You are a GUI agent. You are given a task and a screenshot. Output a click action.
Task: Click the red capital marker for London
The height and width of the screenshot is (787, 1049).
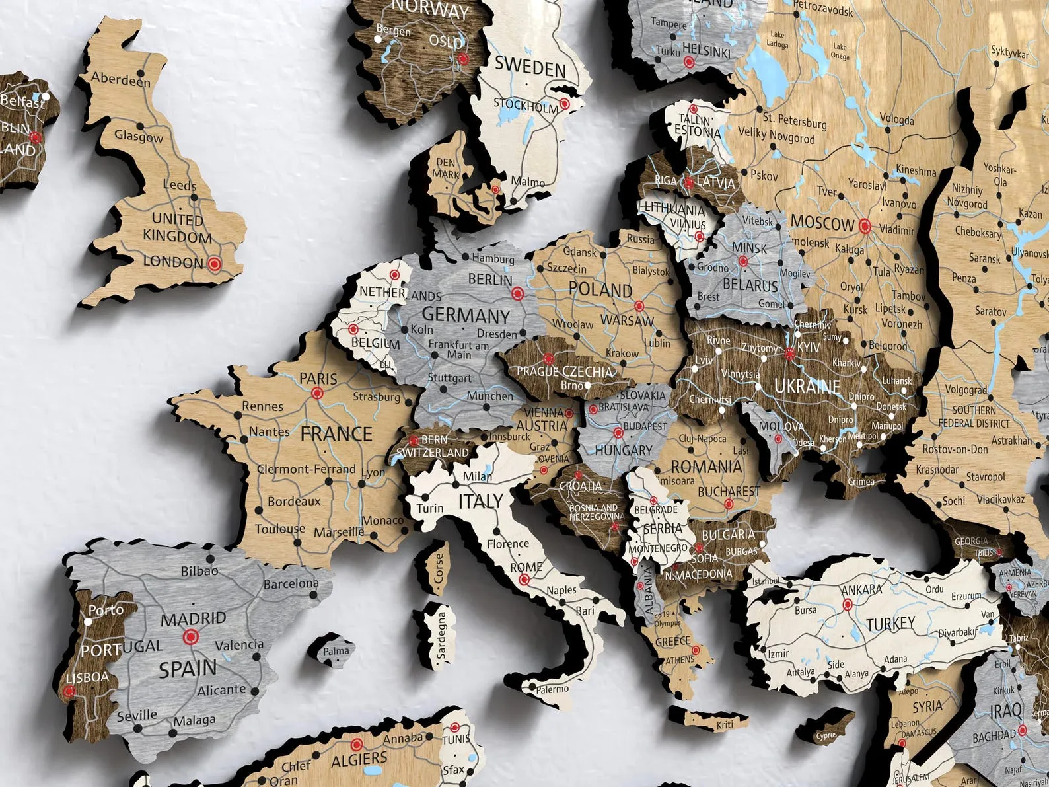(213, 264)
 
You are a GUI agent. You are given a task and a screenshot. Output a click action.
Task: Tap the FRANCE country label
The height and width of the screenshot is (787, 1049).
(336, 434)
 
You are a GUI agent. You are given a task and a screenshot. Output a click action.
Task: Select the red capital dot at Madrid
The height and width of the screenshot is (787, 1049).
(191, 637)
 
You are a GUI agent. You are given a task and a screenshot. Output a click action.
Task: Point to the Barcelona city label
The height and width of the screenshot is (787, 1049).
(291, 584)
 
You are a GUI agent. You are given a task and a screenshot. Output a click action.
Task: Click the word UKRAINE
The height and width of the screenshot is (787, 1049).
(807, 387)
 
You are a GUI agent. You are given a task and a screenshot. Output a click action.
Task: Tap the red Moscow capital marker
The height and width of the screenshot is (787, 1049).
(865, 227)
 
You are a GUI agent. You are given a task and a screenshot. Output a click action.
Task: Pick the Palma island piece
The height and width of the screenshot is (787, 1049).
(335, 650)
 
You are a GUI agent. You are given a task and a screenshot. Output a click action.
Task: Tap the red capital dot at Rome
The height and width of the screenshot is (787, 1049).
(524, 580)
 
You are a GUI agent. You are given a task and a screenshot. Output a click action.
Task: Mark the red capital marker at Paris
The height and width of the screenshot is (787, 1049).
(317, 393)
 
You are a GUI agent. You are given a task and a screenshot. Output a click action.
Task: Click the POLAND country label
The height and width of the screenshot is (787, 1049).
(600, 289)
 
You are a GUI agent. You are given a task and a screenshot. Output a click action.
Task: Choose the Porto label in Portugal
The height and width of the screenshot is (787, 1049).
(106, 609)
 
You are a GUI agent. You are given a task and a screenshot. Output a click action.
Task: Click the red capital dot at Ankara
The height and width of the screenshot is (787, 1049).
(848, 604)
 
